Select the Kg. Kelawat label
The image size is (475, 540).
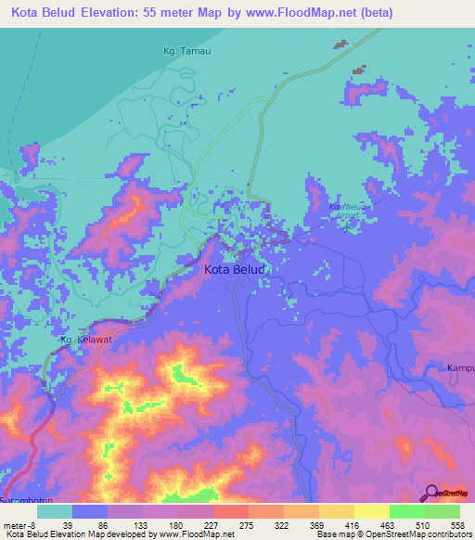[86, 340]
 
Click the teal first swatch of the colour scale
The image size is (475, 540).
[55, 510]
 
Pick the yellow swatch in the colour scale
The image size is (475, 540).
[371, 510]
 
